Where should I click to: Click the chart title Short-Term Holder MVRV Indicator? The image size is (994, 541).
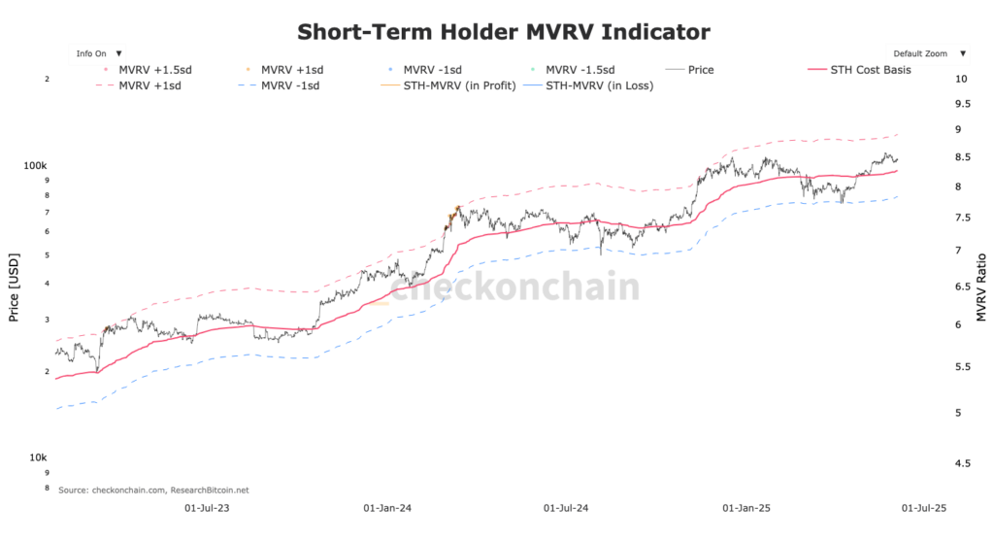coord(503,32)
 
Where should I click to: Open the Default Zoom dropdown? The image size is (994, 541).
coord(926,53)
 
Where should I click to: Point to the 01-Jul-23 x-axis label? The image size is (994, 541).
coord(207,507)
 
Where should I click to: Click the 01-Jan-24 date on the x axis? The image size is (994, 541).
coord(386,507)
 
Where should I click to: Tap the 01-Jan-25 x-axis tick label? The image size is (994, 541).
coord(746,507)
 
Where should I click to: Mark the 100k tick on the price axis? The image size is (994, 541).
coord(36,166)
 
